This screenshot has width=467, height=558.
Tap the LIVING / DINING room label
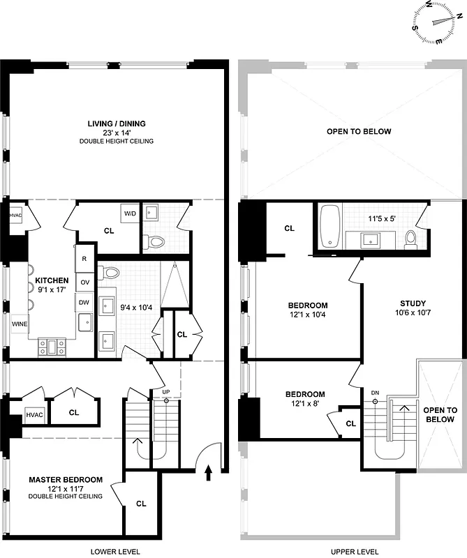[117, 124]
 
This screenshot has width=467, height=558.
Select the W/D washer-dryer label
[130, 213]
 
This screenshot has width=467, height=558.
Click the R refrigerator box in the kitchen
[84, 259]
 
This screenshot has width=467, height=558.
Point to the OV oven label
[84, 282]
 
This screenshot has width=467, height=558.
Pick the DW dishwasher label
[84, 303]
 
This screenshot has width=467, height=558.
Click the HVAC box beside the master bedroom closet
[34, 415]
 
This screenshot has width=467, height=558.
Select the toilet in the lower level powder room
[155, 242]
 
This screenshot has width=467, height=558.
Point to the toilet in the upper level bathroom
[411, 239]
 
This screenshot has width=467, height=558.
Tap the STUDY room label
[413, 303]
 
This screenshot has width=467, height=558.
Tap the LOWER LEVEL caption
[116, 551]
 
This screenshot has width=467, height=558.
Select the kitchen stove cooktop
[51, 344]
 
